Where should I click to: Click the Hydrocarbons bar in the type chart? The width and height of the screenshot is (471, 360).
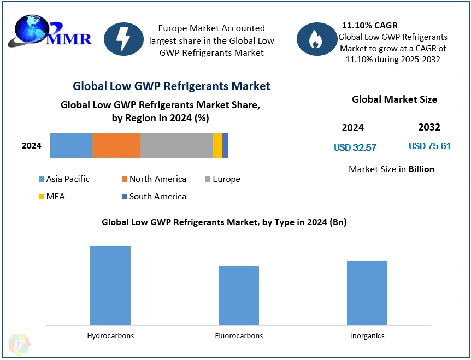point(110,285)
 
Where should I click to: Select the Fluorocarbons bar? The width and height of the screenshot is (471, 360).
point(239,295)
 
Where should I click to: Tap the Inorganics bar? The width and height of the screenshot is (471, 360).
point(367,292)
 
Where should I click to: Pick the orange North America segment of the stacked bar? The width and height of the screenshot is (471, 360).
point(116,145)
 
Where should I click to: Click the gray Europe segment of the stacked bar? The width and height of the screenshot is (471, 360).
point(176,145)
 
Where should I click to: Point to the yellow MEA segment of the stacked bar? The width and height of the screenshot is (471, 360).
point(217,145)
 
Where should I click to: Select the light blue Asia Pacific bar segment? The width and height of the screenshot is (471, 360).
point(71,145)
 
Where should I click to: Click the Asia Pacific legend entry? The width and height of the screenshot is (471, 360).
point(64,179)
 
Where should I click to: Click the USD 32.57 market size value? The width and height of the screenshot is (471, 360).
point(355,147)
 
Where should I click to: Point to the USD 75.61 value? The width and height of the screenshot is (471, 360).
point(430,146)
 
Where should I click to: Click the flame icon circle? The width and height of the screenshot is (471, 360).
point(316,39)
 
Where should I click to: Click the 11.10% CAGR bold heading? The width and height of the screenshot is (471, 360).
point(370,25)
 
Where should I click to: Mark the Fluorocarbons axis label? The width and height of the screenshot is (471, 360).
point(239,335)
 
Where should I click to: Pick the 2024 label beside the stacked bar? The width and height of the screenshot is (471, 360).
point(32,146)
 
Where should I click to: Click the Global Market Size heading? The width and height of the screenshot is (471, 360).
point(395,99)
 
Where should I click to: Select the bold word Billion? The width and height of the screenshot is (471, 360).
point(422,169)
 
